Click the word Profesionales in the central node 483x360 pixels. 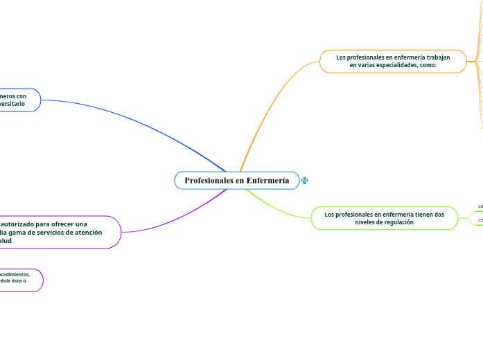click(209, 181)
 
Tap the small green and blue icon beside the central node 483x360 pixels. click(305, 181)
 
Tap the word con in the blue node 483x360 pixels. click(21, 96)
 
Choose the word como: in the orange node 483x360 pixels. click(428, 65)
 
